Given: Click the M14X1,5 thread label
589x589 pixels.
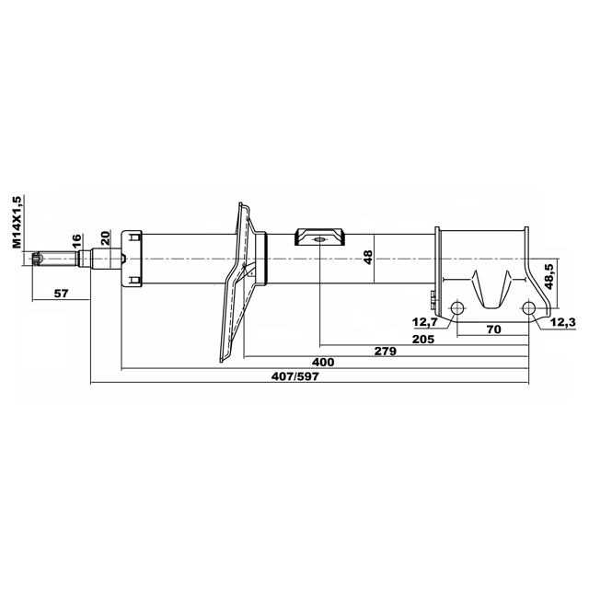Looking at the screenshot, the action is (x=17, y=222).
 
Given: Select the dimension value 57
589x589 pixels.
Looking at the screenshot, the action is (x=62, y=293).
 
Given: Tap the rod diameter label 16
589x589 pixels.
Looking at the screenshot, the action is (x=76, y=241).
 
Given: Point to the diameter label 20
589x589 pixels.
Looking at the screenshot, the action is (x=105, y=238).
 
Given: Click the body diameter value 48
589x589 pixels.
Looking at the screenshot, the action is (x=368, y=258).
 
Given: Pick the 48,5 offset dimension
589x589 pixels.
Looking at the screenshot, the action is (x=549, y=276).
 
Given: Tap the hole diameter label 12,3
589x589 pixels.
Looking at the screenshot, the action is (x=562, y=322).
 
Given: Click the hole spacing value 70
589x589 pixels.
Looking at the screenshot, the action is (x=493, y=329).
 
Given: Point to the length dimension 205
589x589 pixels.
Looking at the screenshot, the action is (x=423, y=340).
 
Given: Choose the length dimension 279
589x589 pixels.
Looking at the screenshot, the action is (x=386, y=352).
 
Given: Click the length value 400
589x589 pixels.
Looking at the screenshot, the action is (x=323, y=362).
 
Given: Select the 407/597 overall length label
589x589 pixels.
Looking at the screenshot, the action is (x=294, y=376).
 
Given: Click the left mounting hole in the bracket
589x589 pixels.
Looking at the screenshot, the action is (x=457, y=308).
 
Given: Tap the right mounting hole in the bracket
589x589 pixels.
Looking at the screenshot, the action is (x=528, y=308).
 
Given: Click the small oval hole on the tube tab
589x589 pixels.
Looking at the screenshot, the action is (x=319, y=239).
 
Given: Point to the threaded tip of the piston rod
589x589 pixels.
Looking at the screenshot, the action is (x=37, y=259).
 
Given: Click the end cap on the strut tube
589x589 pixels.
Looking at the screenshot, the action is (x=132, y=259).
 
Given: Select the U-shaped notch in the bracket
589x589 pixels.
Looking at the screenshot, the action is (x=491, y=289).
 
